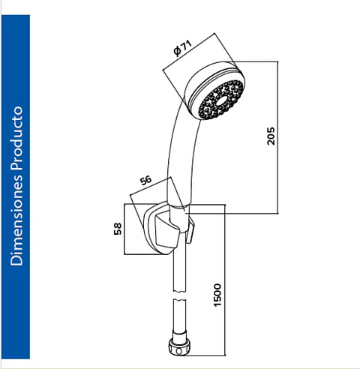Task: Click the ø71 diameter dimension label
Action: tap(183, 48)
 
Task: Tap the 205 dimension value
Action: tap(271, 136)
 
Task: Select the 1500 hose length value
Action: tap(217, 295)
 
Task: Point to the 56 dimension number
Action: tap(145, 180)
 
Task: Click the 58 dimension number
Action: tap(118, 229)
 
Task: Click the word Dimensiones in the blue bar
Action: tap(16, 220)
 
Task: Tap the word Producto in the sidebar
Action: tap(16, 139)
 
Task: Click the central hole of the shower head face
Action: tap(221, 100)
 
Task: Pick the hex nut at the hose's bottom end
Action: tap(179, 346)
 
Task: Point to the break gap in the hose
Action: tap(179, 295)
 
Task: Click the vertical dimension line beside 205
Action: tap(278, 137)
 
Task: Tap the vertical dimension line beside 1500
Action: tap(225, 280)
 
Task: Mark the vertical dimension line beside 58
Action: tap(124, 229)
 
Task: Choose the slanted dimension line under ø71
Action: tap(189, 52)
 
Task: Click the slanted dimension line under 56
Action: tap(150, 186)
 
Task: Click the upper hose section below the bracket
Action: tap(180, 272)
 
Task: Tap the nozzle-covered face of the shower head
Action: tap(221, 100)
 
